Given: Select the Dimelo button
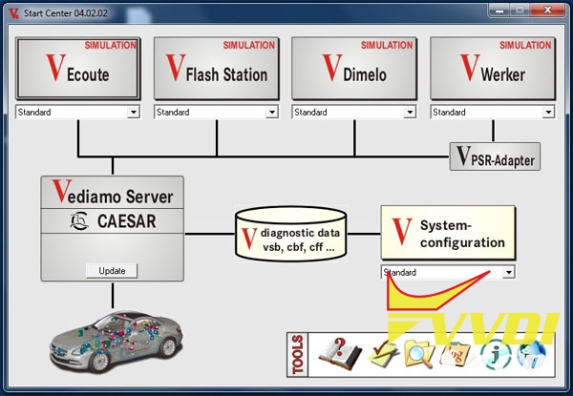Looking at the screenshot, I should click(353, 70).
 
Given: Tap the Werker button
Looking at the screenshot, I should click(492, 70).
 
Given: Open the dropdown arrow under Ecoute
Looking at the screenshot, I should click(134, 113).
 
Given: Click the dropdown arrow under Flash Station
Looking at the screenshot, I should click(272, 113).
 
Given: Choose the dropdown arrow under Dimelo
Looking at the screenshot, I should click(410, 113).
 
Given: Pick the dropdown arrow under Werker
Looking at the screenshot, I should click(548, 113).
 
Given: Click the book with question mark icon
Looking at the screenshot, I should click(336, 353).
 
